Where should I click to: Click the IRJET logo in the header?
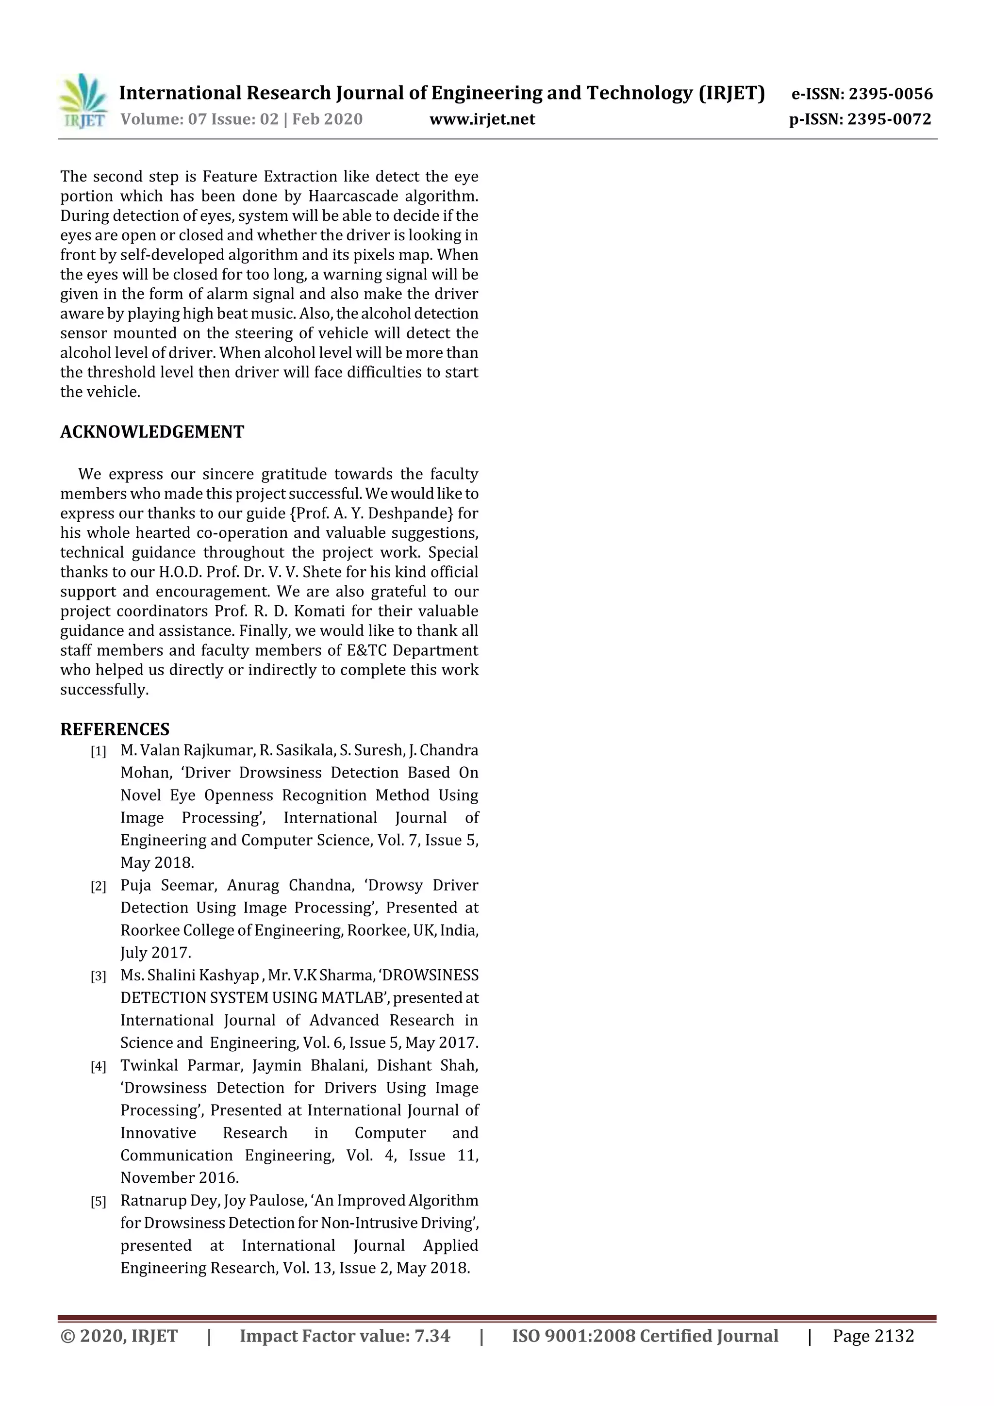[x=83, y=101]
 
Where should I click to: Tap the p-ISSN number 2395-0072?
[x=889, y=119]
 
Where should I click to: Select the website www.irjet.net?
[x=482, y=119]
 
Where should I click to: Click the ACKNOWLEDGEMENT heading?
[x=152, y=432]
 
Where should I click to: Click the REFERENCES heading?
[x=115, y=729]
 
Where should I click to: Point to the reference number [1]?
[x=98, y=751]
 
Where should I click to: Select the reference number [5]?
[x=98, y=1202]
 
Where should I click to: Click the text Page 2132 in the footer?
[x=873, y=1336]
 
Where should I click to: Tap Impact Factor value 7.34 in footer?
[x=345, y=1336]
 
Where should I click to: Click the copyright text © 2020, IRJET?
[x=119, y=1336]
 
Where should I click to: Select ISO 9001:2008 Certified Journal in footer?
[x=645, y=1336]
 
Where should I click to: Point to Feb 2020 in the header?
[x=327, y=119]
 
